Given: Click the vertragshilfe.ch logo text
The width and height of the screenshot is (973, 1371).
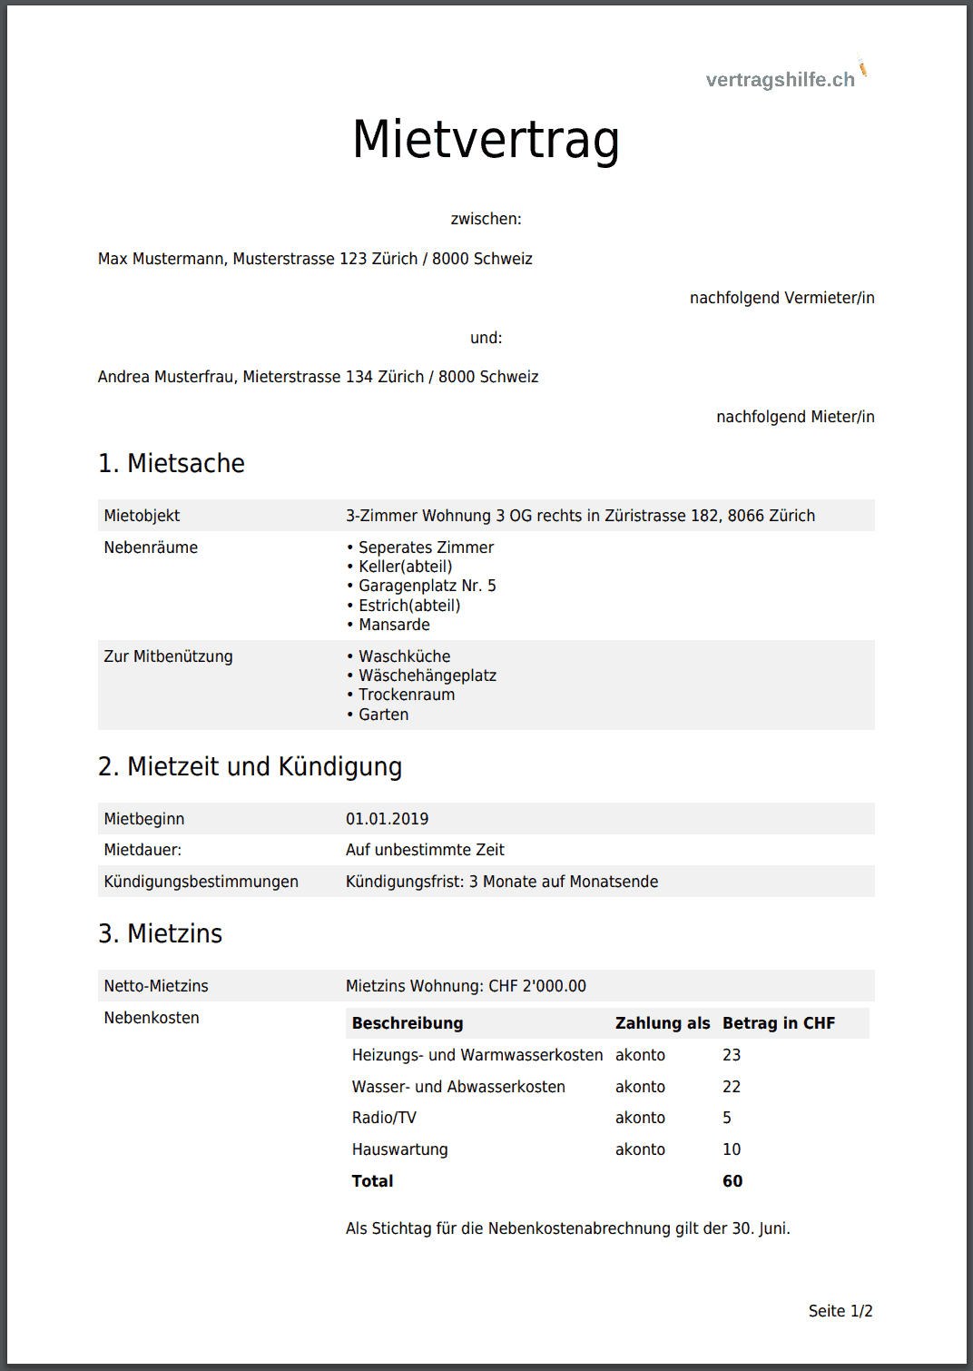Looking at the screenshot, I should tap(780, 80).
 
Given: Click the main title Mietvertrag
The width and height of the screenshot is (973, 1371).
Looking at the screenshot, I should tap(486, 140).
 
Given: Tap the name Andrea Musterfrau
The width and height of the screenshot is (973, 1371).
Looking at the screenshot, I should tap(166, 377).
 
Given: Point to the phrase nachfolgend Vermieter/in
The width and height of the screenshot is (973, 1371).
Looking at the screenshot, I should tap(781, 298).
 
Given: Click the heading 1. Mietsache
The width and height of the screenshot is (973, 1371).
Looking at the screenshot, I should tap(172, 463).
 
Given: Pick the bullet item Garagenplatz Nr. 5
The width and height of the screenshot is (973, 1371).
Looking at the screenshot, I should tap(427, 586).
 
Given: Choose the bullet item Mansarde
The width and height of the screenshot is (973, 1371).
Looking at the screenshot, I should tap(394, 625).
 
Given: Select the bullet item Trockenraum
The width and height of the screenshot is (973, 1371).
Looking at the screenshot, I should tap(407, 695).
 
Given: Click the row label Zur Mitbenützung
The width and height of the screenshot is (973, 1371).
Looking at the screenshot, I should tap(168, 656).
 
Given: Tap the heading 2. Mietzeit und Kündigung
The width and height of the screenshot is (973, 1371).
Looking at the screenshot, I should tap(250, 766).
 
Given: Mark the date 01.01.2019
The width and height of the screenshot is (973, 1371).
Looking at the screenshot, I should tap(387, 819).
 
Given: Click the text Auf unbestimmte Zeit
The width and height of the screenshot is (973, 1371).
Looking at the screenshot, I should tap(425, 850).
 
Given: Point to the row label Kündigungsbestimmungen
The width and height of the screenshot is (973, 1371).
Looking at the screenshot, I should tap(201, 882).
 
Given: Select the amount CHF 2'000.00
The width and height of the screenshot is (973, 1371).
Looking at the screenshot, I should tap(537, 986).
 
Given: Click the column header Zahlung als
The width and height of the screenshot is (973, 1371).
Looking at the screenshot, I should tap(663, 1023).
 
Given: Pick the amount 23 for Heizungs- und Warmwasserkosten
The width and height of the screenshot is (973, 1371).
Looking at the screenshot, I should tap(732, 1055).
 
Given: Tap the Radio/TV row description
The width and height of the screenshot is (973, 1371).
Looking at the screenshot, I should tap(384, 1118).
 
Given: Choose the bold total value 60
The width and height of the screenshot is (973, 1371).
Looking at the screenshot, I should tap(732, 1181).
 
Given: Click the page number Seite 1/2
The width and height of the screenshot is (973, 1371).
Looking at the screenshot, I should tap(840, 1311).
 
